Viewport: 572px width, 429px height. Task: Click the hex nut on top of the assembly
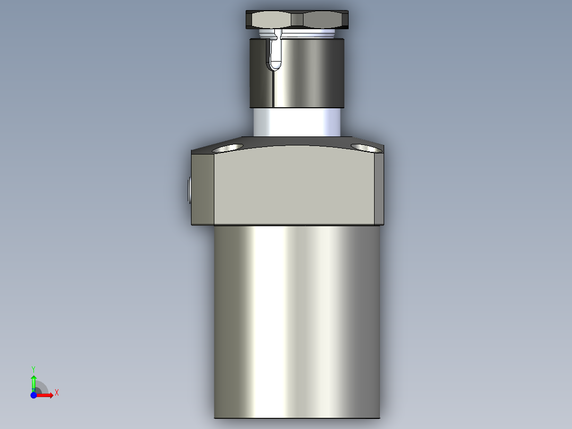pos(297,20)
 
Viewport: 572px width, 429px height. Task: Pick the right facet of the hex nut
pos(325,20)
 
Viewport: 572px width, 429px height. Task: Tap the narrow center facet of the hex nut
pos(297,20)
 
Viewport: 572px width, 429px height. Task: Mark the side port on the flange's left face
pos(189,190)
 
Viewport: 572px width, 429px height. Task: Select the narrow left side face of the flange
pos(203,188)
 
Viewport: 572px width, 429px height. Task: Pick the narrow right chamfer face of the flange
pos(379,188)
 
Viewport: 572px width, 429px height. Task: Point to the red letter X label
pos(57,393)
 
